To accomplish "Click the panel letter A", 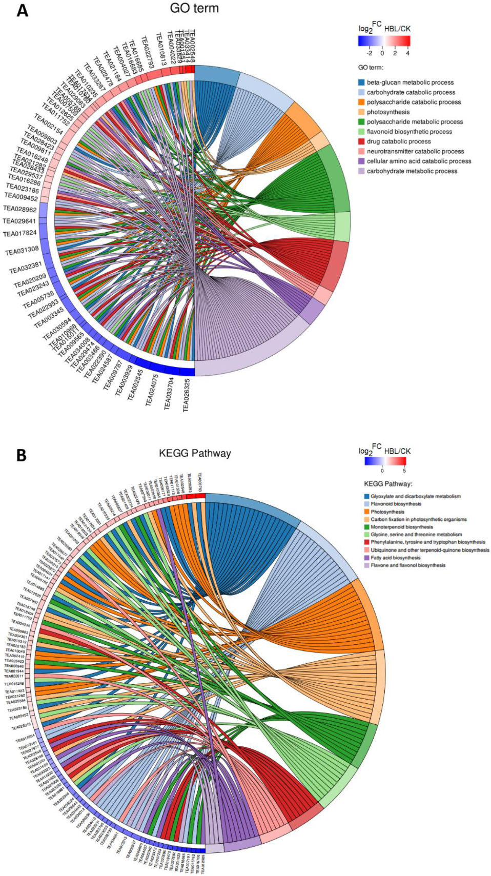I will (x=22, y=10).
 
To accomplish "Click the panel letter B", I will (x=21, y=455).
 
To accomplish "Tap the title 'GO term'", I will (x=194, y=8).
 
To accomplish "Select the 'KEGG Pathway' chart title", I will (x=195, y=453).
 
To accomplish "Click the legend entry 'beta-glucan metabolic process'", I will (x=410, y=82).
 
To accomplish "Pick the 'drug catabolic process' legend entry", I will (x=398, y=141).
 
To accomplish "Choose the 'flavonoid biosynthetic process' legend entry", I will (x=409, y=132).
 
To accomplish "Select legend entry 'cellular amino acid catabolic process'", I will (x=418, y=161).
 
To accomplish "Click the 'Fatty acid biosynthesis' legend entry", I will (x=395, y=558).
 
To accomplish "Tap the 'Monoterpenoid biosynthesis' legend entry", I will (x=401, y=527).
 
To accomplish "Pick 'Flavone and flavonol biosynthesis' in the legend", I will (x=408, y=565).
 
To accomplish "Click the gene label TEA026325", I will (x=187, y=395).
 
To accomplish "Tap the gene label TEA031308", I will (x=22, y=251).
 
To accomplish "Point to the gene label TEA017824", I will (x=20, y=234).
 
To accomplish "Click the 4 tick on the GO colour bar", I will (x=407, y=53).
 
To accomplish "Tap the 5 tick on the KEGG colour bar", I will (x=404, y=471).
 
